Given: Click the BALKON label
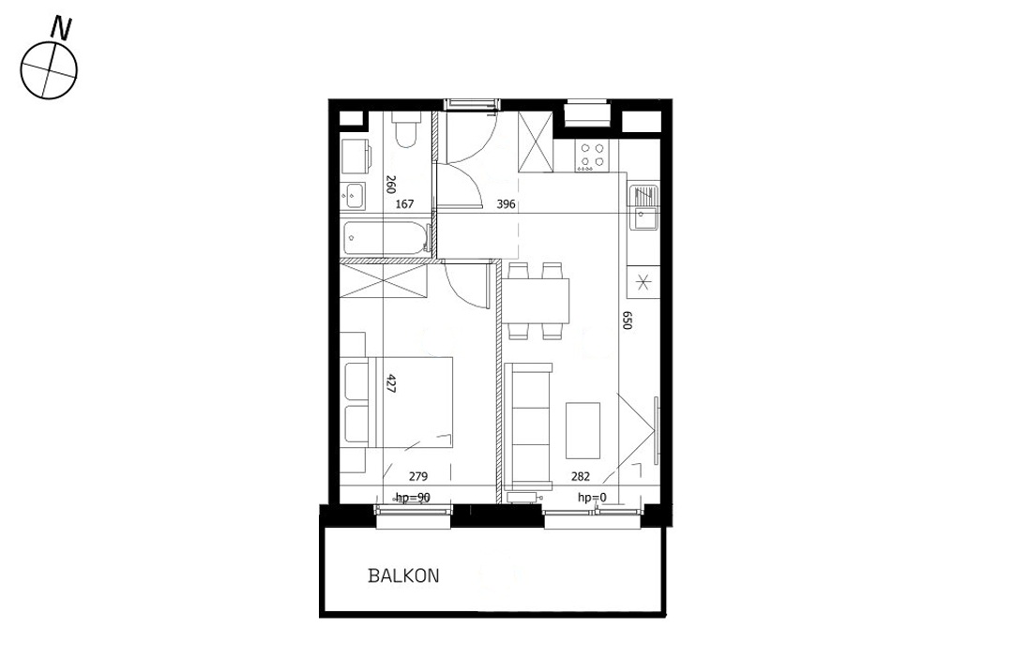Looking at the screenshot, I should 403,576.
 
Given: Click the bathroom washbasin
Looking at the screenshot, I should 355,196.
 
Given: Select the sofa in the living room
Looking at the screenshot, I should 530,426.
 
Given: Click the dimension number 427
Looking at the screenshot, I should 391,383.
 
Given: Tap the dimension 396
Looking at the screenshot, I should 506,203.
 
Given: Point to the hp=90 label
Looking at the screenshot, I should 412,498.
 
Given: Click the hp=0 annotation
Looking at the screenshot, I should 591,498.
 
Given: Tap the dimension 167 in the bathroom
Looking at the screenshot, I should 404,203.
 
